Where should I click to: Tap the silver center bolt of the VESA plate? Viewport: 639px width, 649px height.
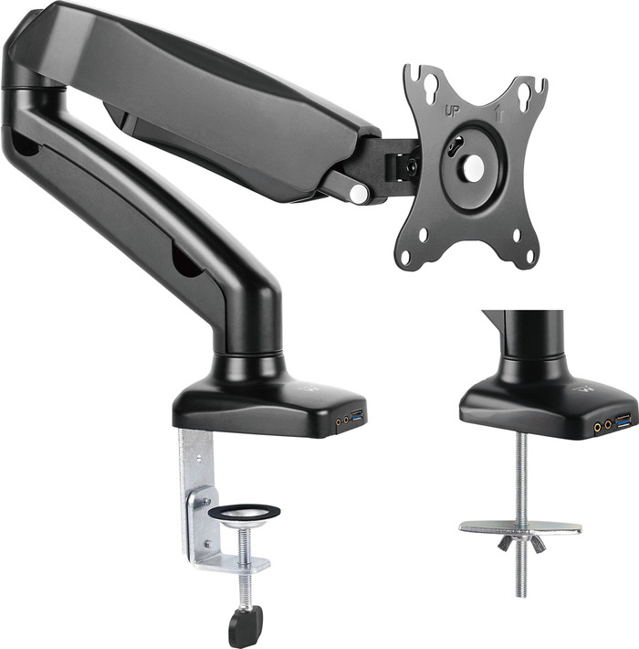473,167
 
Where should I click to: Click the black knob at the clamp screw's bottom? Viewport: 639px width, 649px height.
246,626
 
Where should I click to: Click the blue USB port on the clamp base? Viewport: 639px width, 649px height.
357,419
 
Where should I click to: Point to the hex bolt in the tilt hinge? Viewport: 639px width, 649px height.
411,167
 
